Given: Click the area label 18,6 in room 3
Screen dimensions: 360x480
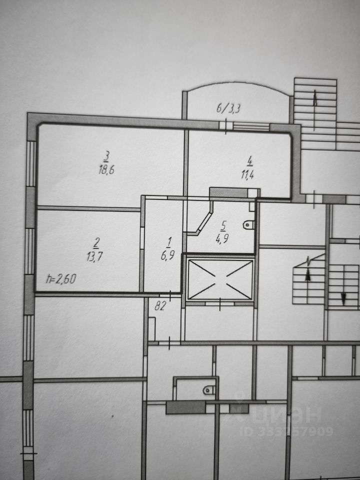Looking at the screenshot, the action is pyautogui.click(x=106, y=170).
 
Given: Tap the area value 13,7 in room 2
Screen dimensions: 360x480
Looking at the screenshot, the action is pyautogui.click(x=94, y=256).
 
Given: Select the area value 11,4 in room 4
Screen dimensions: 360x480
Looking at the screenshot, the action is pyautogui.click(x=247, y=175).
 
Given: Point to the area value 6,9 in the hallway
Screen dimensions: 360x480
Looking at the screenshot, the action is pyautogui.click(x=168, y=255).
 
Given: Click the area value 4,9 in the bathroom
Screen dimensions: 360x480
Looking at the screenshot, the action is pyautogui.click(x=222, y=238).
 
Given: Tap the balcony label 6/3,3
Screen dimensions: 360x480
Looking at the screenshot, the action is pyautogui.click(x=228, y=108).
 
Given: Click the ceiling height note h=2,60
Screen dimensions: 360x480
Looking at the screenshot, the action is pyautogui.click(x=61, y=279).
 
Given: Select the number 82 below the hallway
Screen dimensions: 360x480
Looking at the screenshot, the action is pyautogui.click(x=160, y=305).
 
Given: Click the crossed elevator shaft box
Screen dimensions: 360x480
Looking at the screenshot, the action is pyautogui.click(x=220, y=279).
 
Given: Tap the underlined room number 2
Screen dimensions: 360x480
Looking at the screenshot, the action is pyautogui.click(x=96, y=243).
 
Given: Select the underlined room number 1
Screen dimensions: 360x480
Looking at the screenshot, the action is pyautogui.click(x=168, y=243).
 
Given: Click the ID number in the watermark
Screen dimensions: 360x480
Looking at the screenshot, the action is pyautogui.click(x=286, y=431).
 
